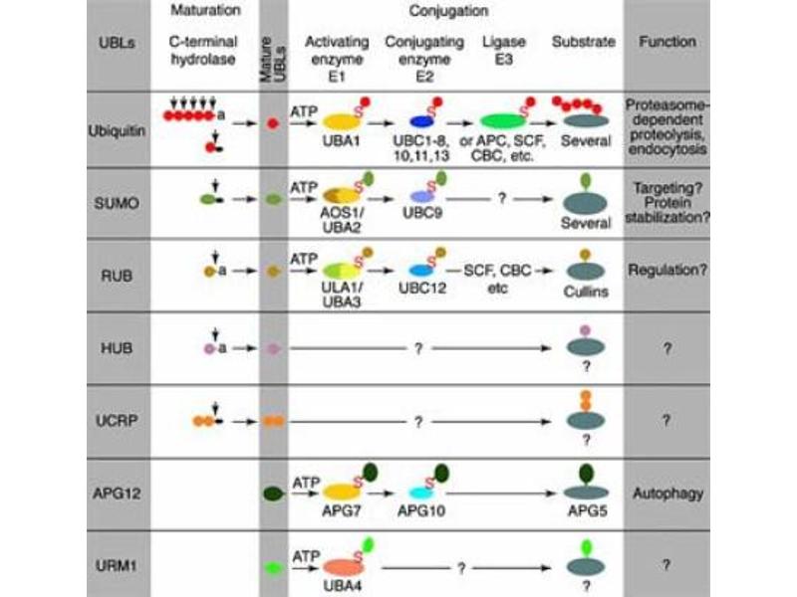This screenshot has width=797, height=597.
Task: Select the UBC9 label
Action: (x=423, y=214)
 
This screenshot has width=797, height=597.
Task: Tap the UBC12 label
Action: (x=422, y=289)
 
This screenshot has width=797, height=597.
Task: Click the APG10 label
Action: (x=423, y=509)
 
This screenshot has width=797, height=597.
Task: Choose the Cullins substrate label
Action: (x=585, y=294)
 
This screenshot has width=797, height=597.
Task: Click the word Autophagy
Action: (x=668, y=493)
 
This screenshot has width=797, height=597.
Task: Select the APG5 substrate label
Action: (x=585, y=509)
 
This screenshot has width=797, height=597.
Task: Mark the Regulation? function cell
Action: (x=668, y=269)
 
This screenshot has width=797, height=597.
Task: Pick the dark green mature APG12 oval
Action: (x=272, y=493)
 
